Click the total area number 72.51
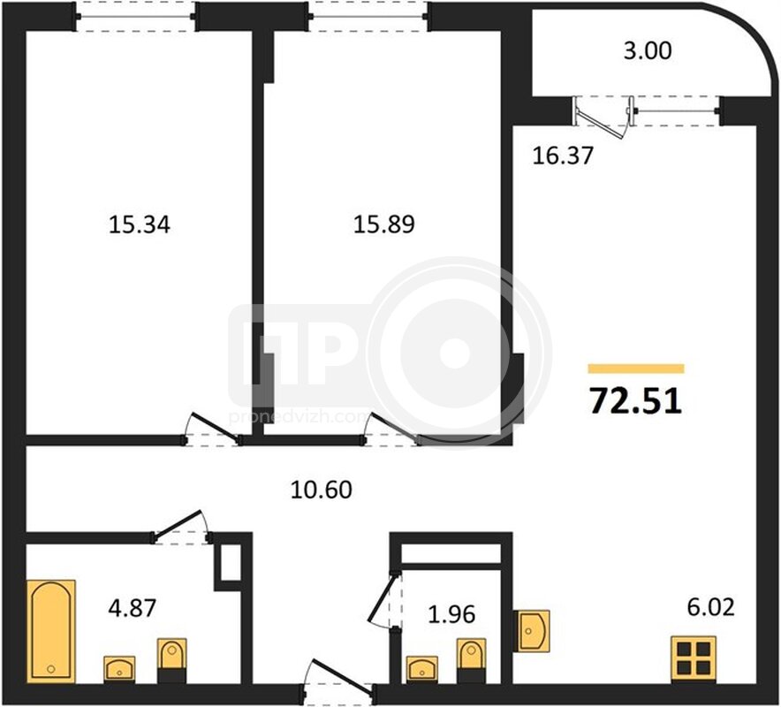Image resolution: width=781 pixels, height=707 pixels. click(635, 401)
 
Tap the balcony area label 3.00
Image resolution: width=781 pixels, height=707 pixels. click(648, 51)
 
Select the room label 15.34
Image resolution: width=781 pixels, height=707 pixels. click(140, 224)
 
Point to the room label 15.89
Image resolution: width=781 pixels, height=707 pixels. click(384, 224)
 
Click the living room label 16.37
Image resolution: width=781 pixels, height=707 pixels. click(563, 156)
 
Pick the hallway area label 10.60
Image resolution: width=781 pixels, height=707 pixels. click(322, 490)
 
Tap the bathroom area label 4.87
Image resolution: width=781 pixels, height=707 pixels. click(133, 608)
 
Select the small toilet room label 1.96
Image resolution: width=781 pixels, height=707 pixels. click(451, 614)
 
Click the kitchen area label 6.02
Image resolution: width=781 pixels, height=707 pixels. click(711, 607)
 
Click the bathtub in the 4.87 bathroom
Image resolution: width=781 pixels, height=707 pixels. click(53, 631)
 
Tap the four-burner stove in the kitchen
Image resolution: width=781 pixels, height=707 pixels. click(694, 658)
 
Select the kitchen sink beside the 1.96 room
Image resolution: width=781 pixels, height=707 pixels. click(534, 631)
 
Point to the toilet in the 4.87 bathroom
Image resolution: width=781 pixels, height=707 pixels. click(172, 660)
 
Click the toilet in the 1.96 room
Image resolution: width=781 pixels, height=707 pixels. click(471, 661)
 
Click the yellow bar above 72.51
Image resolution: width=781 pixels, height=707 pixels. click(636, 369)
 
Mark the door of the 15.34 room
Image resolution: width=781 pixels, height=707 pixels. click(213, 429)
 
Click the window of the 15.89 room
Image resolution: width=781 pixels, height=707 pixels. click(368, 18)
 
